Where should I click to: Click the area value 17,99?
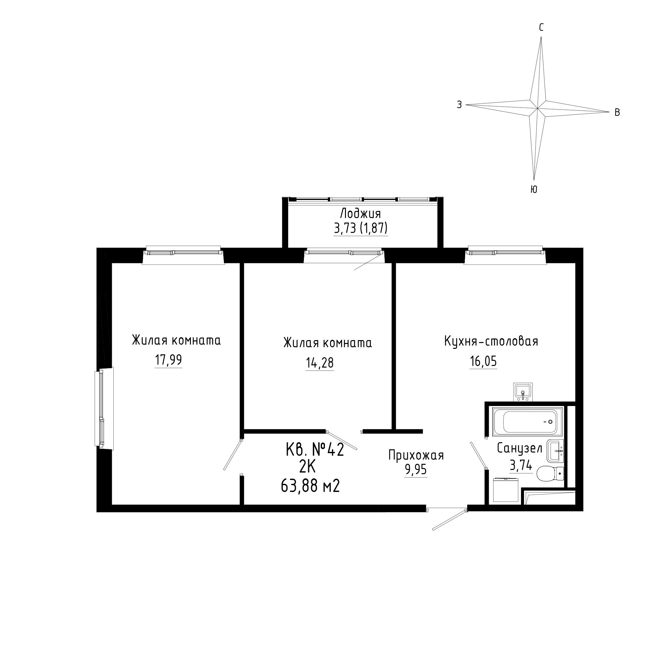pyautogui.click(x=168, y=360)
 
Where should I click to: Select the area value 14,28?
pyautogui.click(x=320, y=363)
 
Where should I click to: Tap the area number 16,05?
pyautogui.click(x=483, y=361)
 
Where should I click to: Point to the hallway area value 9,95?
pyautogui.click(x=416, y=470)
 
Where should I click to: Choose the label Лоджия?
pyautogui.click(x=360, y=213)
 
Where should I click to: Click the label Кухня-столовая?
pyautogui.click(x=491, y=341)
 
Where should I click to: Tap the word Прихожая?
pyautogui.click(x=416, y=455)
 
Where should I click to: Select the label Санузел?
pyautogui.click(x=520, y=448)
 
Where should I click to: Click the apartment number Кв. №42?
pyautogui.click(x=315, y=450)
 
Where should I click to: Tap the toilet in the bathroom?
pyautogui.click(x=550, y=474)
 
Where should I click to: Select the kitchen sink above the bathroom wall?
pyautogui.click(x=523, y=392)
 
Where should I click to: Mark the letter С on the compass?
pyautogui.click(x=541, y=27)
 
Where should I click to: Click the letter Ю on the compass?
pyautogui.click(x=534, y=189)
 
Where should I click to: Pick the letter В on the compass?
pyautogui.click(x=617, y=113)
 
